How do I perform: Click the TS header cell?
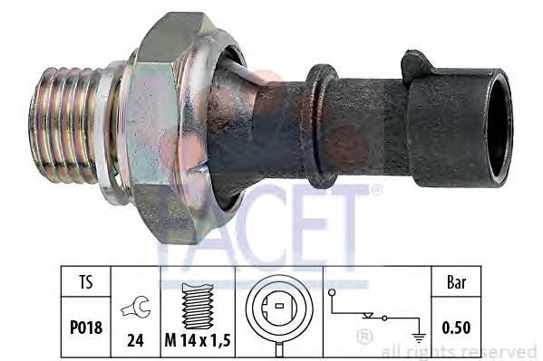coord(86,281)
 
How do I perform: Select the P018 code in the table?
coord(86,328)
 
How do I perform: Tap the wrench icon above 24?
coord(136,307)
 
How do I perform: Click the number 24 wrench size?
coord(135,340)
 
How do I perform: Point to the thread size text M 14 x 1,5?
coord(198,340)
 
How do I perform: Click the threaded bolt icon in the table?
coord(198,306)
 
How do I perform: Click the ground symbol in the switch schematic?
coord(419,337)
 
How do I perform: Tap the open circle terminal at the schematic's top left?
coord(332,292)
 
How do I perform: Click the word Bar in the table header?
coord(456,282)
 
